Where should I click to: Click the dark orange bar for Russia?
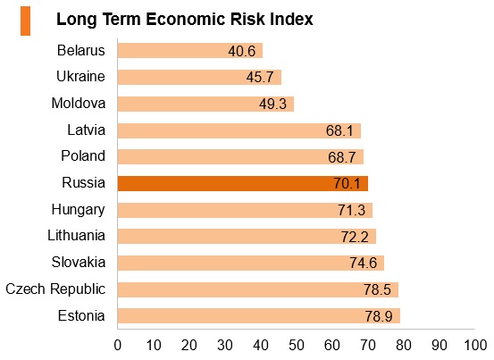(243, 183)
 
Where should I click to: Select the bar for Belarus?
(190, 50)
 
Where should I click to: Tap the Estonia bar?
(259, 316)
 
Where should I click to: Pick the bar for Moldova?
(205, 104)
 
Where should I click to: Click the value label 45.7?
(260, 77)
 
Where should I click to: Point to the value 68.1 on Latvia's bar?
(339, 130)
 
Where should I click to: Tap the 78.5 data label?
(377, 289)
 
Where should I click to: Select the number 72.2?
(355, 237)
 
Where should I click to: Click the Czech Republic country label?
(55, 289)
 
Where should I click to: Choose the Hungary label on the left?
(78, 210)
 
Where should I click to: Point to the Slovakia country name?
(79, 262)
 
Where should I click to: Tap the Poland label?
(83, 155)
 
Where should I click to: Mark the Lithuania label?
(76, 235)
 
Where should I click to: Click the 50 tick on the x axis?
(297, 346)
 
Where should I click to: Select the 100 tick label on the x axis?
(475, 346)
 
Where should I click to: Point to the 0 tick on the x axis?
(118, 346)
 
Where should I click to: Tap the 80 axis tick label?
(404, 346)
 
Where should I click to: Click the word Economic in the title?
(186, 20)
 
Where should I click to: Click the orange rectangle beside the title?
(26, 21)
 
